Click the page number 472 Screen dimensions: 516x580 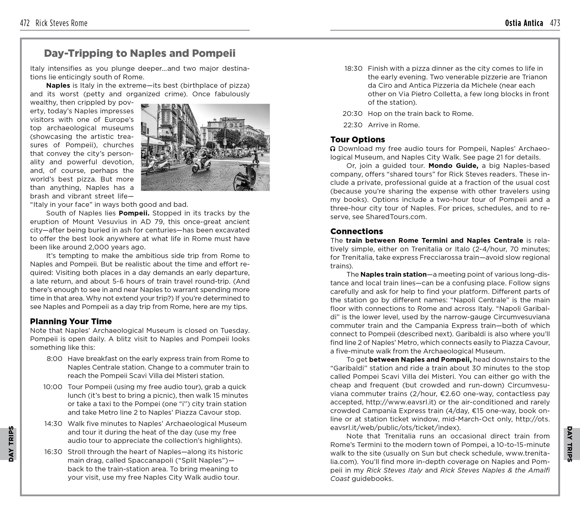(25, 23)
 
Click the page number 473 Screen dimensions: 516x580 (555, 23)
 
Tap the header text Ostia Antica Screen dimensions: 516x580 (524, 23)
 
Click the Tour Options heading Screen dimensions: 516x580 (358, 139)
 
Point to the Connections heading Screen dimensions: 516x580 (357, 231)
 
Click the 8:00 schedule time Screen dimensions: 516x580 (54, 359)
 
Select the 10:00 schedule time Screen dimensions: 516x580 (53, 387)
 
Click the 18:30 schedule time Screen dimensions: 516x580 (353, 69)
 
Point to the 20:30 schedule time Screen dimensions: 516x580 (352, 114)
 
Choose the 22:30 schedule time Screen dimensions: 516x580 (353, 125)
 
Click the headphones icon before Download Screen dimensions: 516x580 (333, 149)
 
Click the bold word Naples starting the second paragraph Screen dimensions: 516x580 (58, 86)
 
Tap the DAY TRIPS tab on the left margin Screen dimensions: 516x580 (11, 444)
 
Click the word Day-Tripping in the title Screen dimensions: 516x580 (78, 53)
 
